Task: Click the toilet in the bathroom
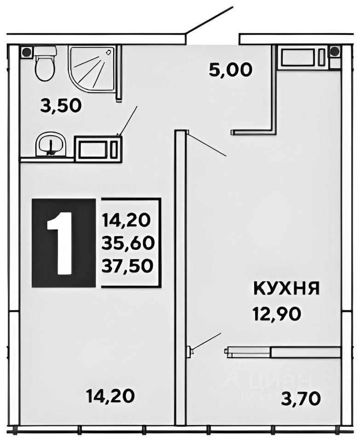coord(45,64)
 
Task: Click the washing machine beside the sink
coord(98,149)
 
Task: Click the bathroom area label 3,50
coord(61,106)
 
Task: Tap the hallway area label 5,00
coord(230,70)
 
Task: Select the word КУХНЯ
coord(286,289)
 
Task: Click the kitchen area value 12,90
coord(277,314)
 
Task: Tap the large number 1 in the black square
coord(63,243)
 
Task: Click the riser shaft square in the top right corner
coord(335,51)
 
